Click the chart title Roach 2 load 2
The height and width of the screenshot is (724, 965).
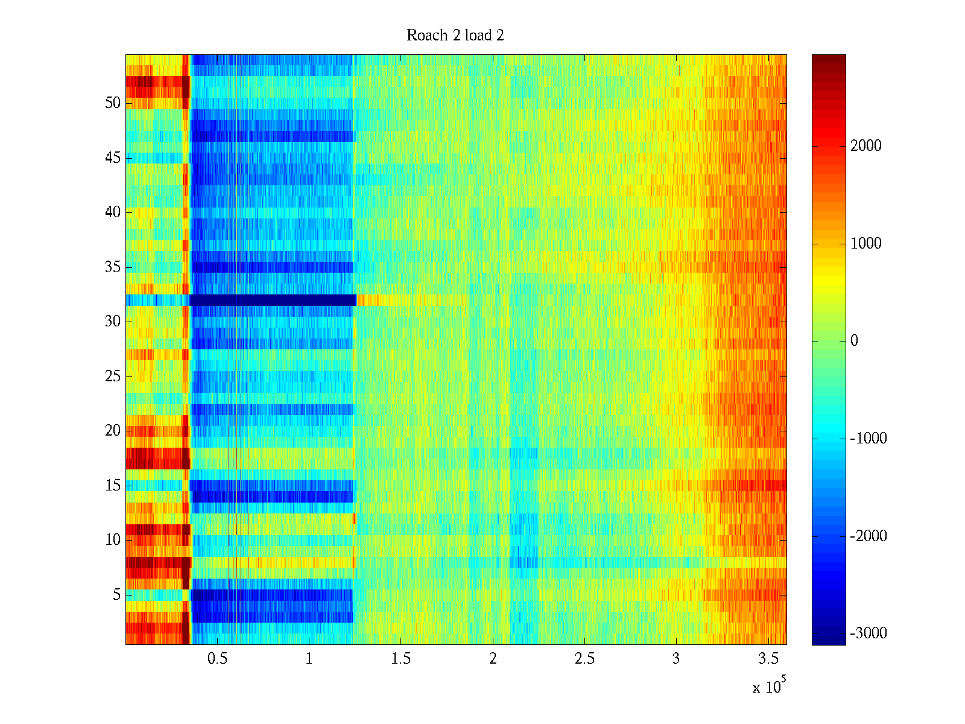(x=455, y=36)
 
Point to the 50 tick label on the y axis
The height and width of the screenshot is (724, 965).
(x=113, y=103)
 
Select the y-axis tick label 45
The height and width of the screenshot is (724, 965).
(x=113, y=158)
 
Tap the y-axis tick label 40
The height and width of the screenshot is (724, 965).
(x=113, y=212)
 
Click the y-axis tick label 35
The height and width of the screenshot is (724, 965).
(x=113, y=267)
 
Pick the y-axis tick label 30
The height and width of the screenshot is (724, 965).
(x=113, y=322)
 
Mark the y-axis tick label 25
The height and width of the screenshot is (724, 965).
(x=113, y=376)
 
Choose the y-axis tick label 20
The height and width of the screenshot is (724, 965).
(x=113, y=431)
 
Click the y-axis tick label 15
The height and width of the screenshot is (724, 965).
(x=113, y=486)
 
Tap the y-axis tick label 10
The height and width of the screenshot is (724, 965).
(x=113, y=540)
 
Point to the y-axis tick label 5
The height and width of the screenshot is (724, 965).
(x=116, y=595)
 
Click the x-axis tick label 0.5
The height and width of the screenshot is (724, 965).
(x=217, y=659)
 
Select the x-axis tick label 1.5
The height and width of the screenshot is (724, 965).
(x=401, y=659)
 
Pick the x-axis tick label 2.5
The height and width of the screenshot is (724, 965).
(x=584, y=659)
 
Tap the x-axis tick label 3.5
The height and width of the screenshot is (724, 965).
(x=768, y=659)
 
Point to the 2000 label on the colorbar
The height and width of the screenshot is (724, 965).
(x=865, y=145)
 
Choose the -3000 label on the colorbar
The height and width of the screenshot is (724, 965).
(x=868, y=634)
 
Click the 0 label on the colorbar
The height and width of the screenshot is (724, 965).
(x=854, y=341)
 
